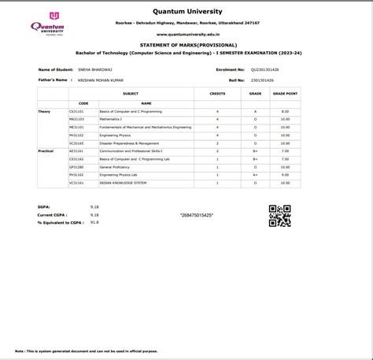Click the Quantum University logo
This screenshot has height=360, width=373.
48,24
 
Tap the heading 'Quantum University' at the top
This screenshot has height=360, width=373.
186,12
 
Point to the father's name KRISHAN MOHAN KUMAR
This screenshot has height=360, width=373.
99,80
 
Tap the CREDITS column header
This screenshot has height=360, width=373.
217,93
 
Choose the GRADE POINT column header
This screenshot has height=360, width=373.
285,93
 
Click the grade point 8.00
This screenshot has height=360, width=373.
285,112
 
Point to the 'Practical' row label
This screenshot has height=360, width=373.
46,150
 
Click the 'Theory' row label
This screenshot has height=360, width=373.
44,112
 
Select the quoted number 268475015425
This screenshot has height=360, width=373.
197,215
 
